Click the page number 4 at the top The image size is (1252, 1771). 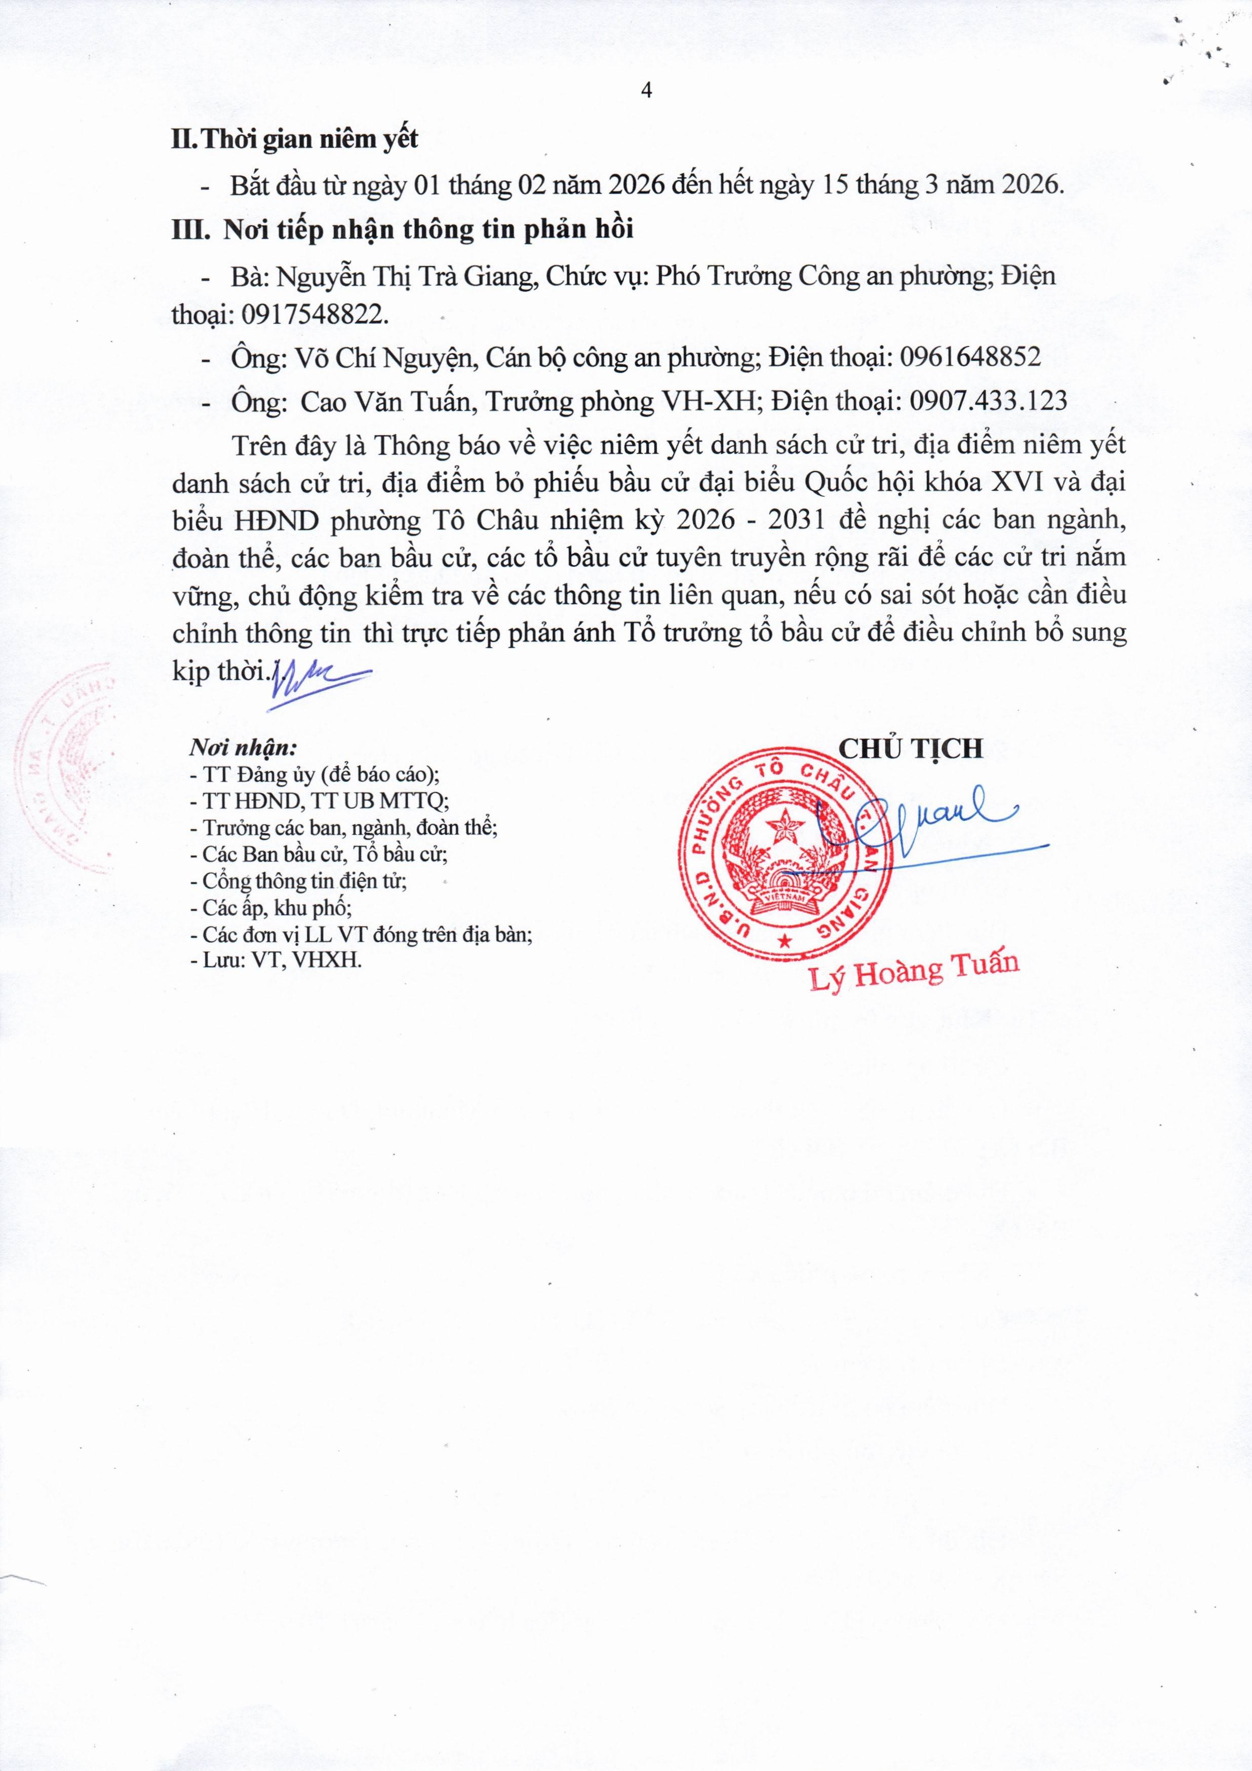(x=646, y=91)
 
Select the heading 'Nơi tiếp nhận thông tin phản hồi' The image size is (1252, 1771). (x=428, y=230)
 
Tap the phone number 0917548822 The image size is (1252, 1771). (x=315, y=314)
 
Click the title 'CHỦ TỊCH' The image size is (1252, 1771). (x=910, y=748)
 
